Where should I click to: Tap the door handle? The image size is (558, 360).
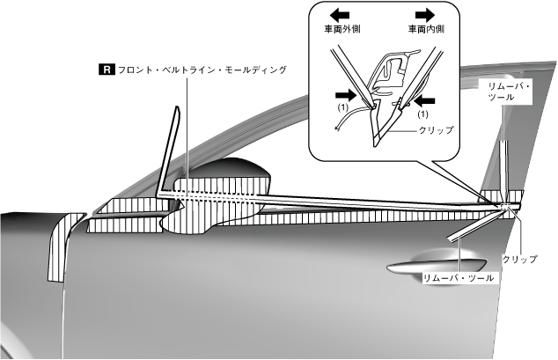tap(437, 263)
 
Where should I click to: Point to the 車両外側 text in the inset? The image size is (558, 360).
tap(340, 29)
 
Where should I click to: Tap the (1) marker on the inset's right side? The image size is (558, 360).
tap(422, 114)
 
